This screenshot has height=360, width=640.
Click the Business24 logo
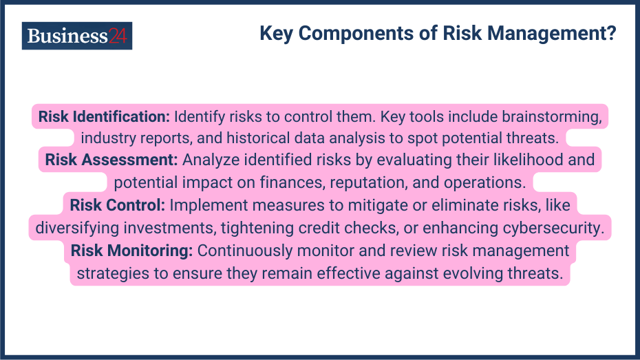tap(76, 36)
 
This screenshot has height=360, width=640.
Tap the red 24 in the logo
tap(118, 36)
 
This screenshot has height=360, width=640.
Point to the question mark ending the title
tap(610, 34)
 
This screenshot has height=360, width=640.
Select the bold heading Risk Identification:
tap(104, 116)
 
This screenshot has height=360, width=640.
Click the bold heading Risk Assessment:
tap(112, 160)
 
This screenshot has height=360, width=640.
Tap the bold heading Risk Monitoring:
tap(131, 251)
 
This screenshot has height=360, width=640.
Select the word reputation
tap(374, 183)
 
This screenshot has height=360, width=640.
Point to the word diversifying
tap(76, 228)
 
